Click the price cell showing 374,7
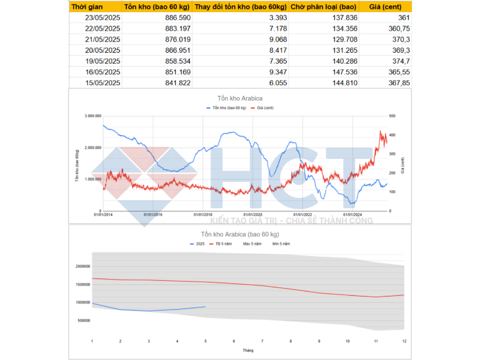click(x=400, y=61)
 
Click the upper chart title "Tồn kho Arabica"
click(x=240, y=98)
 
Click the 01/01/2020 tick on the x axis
click(x=253, y=214)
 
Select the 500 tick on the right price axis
click(x=392, y=116)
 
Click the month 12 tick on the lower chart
click(x=403, y=341)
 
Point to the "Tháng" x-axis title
click(x=248, y=350)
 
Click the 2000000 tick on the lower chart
click(x=82, y=266)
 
